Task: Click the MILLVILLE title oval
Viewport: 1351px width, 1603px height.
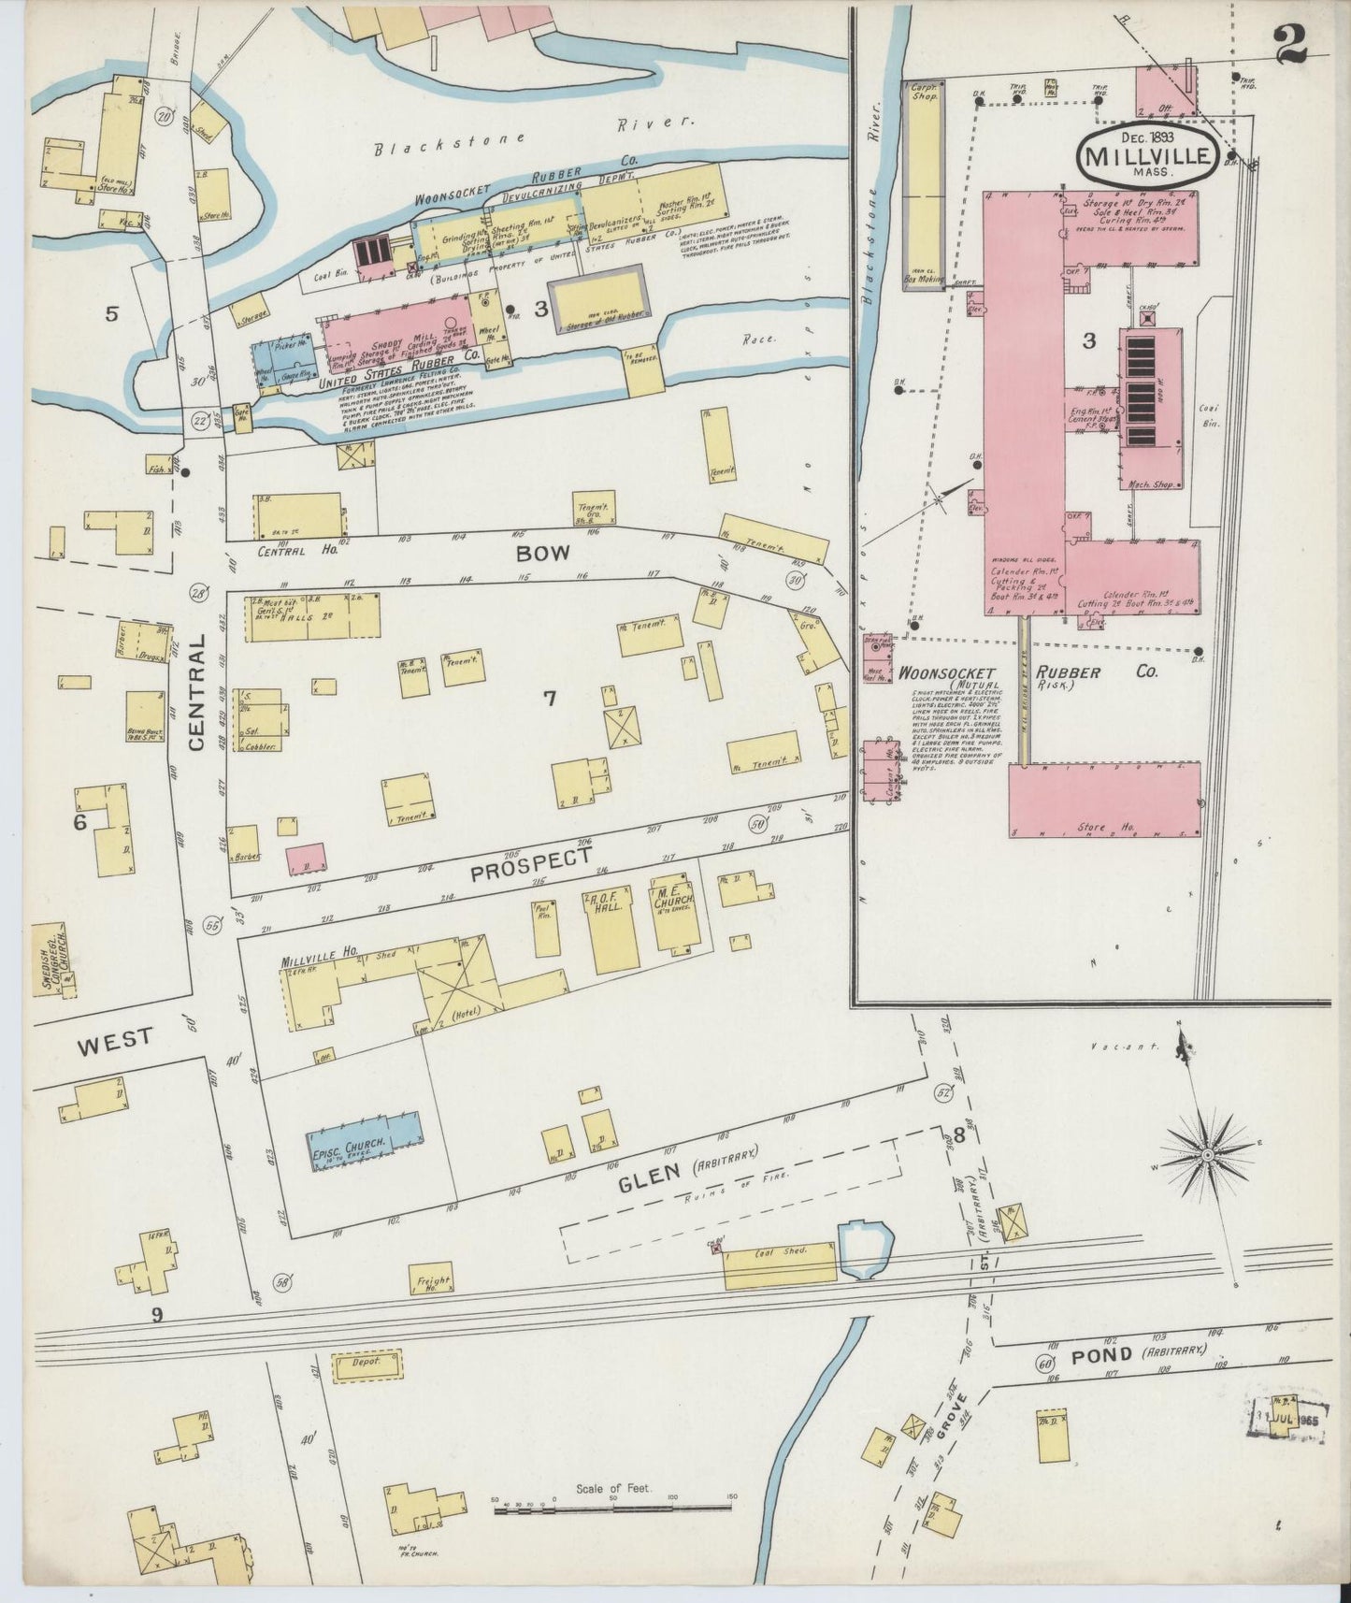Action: coord(1148,155)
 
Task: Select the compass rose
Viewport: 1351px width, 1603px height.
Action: coord(1207,1156)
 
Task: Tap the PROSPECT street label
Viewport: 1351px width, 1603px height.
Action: coord(530,866)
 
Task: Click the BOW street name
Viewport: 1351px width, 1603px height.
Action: coord(543,553)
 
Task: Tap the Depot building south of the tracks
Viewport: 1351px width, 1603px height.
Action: coord(366,1364)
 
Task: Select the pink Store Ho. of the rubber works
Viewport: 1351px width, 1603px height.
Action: coord(1104,801)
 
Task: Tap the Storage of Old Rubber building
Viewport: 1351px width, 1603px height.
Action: coord(598,300)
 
